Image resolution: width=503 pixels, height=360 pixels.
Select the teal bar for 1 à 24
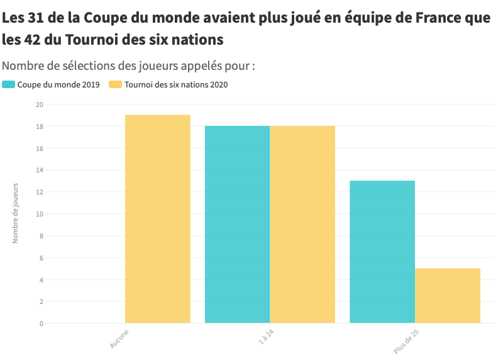pyautogui.click(x=237, y=225)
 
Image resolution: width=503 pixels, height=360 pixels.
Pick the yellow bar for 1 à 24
pyautogui.click(x=302, y=225)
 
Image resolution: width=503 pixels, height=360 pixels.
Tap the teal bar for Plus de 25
pyautogui.click(x=382, y=252)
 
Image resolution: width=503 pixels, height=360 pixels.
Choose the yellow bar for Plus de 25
pyautogui.click(x=447, y=296)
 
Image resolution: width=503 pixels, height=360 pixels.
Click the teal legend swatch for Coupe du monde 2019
pyautogui.click(x=8, y=84)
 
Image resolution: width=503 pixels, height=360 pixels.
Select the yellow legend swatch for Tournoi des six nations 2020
pyautogui.click(x=115, y=84)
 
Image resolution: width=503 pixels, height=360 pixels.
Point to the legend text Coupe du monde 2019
pyautogui.click(x=58, y=84)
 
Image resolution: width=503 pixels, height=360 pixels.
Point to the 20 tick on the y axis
pyautogui.click(x=40, y=104)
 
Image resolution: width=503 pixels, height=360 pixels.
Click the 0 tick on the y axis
pyautogui.click(x=41, y=323)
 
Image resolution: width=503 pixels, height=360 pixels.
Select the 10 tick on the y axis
pyautogui.click(x=40, y=214)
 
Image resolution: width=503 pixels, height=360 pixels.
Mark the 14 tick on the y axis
pyautogui.click(x=40, y=170)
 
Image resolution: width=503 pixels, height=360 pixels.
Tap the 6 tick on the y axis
pyautogui.click(x=41, y=257)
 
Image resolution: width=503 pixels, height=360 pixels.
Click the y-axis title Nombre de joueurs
pyautogui.click(x=16, y=213)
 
